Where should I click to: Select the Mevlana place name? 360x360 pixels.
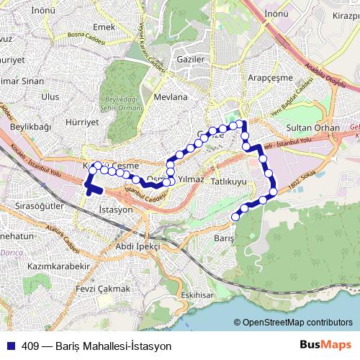pos(171,96)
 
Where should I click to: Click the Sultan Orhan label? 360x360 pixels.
pos(313,127)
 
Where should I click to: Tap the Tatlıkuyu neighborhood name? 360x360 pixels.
pos(229,182)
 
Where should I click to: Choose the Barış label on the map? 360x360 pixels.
pos(225,238)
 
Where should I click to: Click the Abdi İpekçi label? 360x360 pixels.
pos(138,246)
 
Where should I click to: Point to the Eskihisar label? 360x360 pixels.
pos(198,295)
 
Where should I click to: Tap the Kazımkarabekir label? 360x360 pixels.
pos(59,266)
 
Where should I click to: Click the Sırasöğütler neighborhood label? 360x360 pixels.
pos(40,205)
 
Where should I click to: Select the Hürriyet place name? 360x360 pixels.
pos(81,122)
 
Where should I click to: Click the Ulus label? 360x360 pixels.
pos(50,96)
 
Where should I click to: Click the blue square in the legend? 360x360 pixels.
pos(11,346)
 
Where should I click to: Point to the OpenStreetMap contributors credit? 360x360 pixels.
pos(297,323)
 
